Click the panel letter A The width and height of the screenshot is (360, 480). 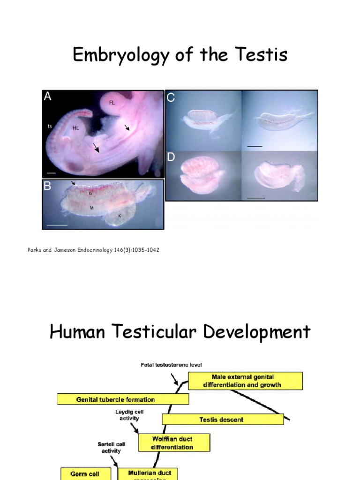click(47, 96)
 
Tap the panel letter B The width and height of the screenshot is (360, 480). click(47, 186)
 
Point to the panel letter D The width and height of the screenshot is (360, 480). click(171, 157)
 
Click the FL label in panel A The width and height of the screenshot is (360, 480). click(112, 102)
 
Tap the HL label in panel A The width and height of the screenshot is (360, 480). click(75, 127)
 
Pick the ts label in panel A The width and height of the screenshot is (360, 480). click(49, 126)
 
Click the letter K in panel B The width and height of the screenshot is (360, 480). click(119, 216)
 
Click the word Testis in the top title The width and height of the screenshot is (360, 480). click(259, 55)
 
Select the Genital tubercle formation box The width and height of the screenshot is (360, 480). click(123, 399)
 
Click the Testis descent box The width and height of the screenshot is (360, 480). click(223, 420)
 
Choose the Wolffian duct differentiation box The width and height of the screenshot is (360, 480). click(174, 443)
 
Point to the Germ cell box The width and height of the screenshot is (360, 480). click(86, 473)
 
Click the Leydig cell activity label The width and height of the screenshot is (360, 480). click(129, 415)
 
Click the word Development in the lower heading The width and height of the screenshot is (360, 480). click(243, 332)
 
